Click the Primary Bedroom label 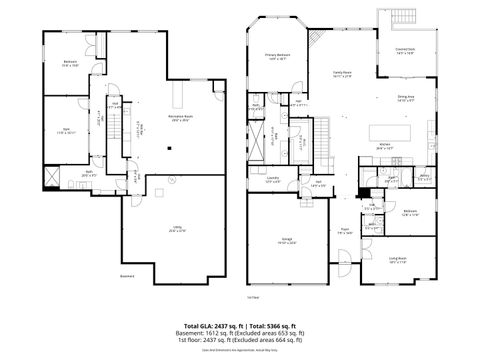(277, 56)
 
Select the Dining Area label (407, 99)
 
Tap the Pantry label (424, 177)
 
